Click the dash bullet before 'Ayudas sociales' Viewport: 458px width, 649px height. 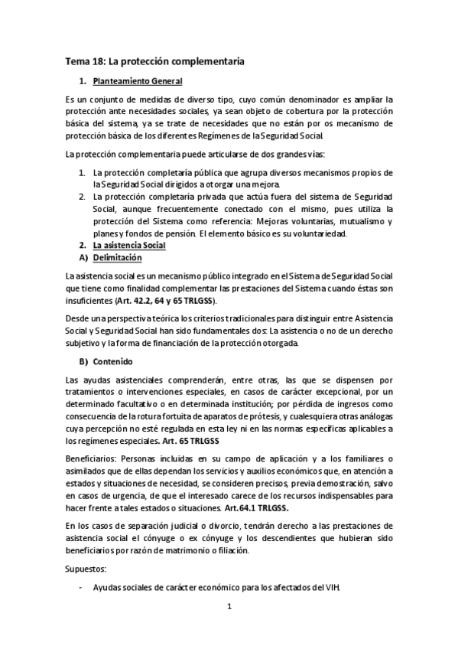pos(82,587)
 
